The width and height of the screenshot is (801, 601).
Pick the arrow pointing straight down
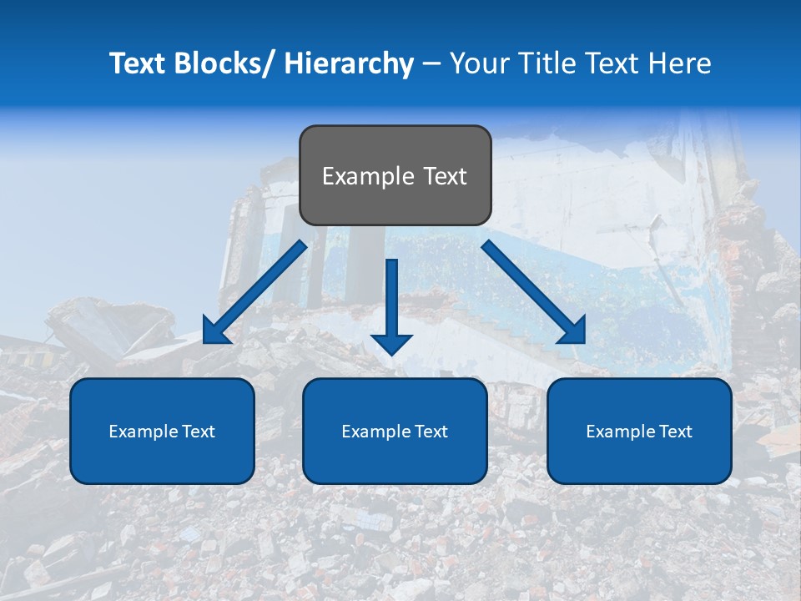pyautogui.click(x=392, y=300)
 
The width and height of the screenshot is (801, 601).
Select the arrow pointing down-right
pyautogui.click(x=530, y=288)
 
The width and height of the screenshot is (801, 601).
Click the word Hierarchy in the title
pyautogui.click(x=348, y=63)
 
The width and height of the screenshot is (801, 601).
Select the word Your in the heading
pyautogui.click(x=476, y=63)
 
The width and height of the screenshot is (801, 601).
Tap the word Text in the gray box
pyautogui.click(x=444, y=176)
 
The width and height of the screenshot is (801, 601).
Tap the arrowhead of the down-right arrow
pyautogui.click(x=572, y=331)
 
